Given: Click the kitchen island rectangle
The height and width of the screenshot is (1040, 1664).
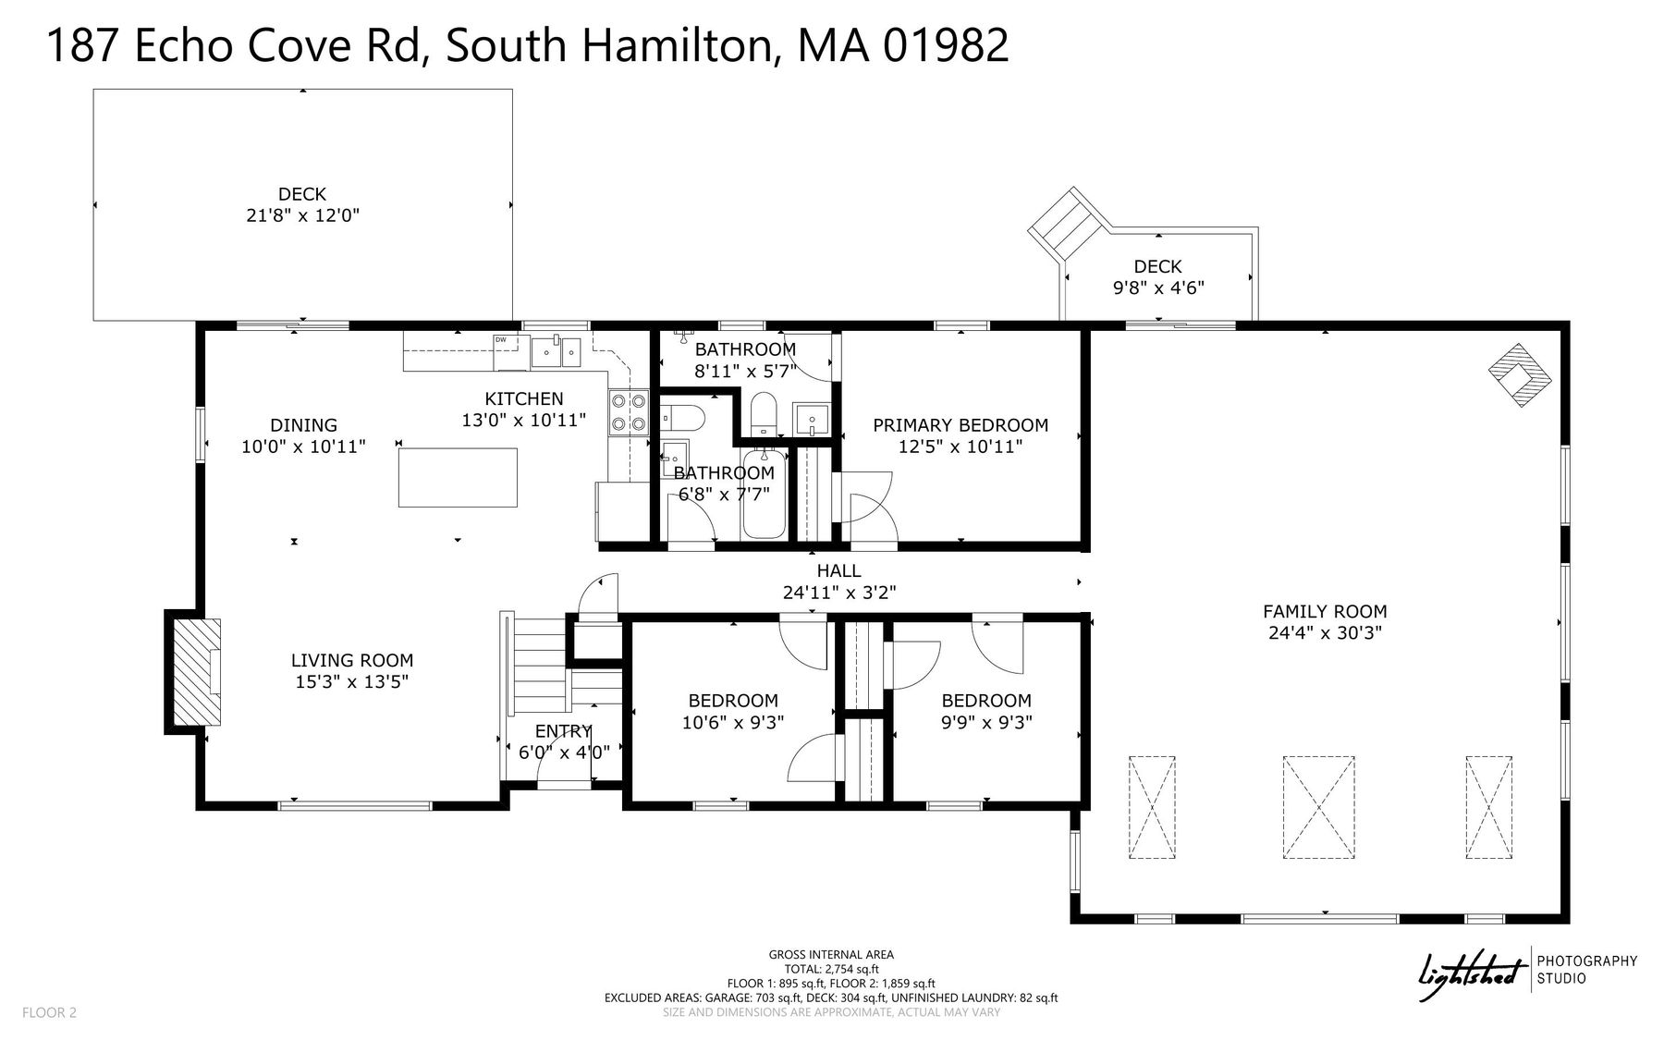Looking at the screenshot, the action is tap(458, 477).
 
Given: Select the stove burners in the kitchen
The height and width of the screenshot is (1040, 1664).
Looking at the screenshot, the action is tap(629, 412).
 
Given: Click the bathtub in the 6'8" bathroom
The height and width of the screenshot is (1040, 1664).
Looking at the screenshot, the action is tap(764, 496).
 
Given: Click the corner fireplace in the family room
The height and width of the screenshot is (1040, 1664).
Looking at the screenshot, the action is tap(1519, 374).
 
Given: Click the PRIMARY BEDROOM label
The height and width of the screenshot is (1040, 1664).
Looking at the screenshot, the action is tap(960, 425).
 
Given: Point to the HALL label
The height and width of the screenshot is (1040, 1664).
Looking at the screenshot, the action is tap(838, 571).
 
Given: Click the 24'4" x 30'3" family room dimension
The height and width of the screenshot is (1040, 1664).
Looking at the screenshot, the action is tap(1325, 633).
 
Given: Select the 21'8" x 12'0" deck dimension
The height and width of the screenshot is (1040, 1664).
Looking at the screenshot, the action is tap(302, 215).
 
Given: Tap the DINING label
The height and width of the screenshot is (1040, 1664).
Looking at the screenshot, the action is tap(303, 425).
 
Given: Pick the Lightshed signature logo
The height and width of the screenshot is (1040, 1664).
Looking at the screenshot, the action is tap(1472, 975).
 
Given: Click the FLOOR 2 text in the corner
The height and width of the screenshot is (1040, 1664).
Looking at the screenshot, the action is tap(49, 1012).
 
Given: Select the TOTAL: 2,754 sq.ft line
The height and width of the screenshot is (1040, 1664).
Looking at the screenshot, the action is tap(831, 969).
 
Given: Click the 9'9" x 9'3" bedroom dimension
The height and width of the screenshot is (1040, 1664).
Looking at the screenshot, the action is tap(986, 723).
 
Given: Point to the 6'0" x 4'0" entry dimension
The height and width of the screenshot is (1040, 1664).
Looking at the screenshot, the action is tap(564, 752).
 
